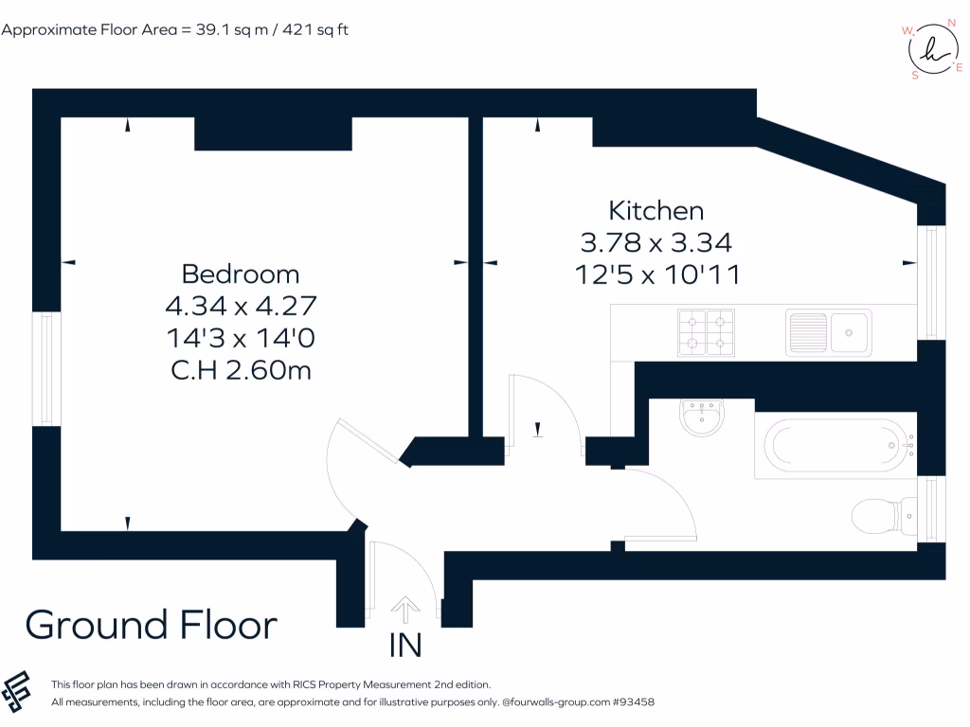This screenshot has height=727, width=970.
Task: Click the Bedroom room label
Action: pos(240,274)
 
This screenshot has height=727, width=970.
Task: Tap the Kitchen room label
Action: pos(656,210)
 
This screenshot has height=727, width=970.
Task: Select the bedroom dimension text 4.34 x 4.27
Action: pos(240,306)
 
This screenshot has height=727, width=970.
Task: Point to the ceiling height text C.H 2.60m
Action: pos(240,369)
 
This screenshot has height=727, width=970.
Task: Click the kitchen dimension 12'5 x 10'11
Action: pos(656,275)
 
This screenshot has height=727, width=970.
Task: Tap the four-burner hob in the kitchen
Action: pos(707,331)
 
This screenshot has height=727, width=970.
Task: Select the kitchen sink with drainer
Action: pos(828,331)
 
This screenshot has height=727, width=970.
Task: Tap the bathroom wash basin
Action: pos(702,417)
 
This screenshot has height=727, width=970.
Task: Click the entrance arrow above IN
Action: pos(405,609)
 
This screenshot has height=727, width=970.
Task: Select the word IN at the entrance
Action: pos(405,646)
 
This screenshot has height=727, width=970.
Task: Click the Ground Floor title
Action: pos(152,625)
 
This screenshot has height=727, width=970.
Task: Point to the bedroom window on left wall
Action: pos(46,368)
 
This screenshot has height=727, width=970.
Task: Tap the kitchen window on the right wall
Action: pos(931,282)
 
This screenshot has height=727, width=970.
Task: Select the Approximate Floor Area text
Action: pos(175,29)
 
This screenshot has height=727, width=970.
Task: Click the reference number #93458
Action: pos(634,702)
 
